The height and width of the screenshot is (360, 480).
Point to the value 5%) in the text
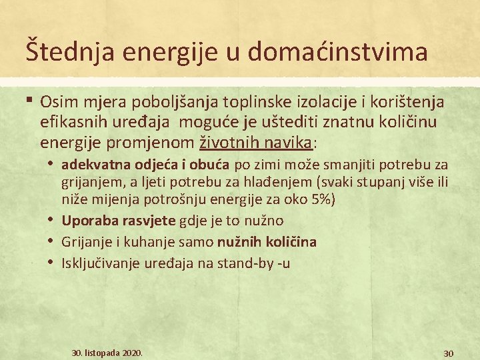(315, 199)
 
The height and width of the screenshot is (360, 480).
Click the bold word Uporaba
(87, 221)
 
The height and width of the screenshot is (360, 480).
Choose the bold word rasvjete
(147, 221)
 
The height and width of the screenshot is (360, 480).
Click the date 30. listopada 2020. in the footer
(107, 351)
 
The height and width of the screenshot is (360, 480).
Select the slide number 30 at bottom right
(449, 353)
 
